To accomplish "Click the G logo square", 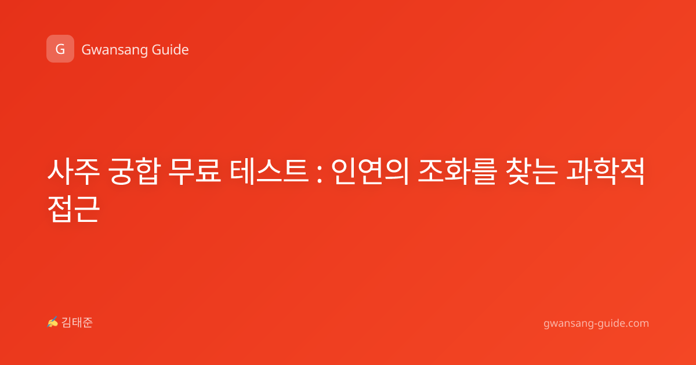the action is [x=60, y=49].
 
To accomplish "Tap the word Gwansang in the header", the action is [x=114, y=50].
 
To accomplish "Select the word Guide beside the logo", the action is [x=171, y=49].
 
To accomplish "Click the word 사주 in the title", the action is [x=74, y=171].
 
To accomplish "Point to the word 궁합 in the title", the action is [x=134, y=171].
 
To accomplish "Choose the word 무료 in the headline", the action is [x=194, y=171].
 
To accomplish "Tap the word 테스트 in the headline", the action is [x=269, y=171].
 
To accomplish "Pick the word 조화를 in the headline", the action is [x=457, y=171].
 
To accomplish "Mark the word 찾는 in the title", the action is [x=531, y=171].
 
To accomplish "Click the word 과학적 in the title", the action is [x=606, y=171].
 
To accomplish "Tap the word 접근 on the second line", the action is [x=74, y=209].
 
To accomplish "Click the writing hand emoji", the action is [x=53, y=322].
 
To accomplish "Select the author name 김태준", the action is [x=77, y=323].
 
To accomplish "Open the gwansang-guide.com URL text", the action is [x=596, y=324].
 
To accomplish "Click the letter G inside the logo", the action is [x=60, y=49].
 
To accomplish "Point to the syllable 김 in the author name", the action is [x=67, y=323].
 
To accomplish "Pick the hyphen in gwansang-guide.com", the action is [x=596, y=324].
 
